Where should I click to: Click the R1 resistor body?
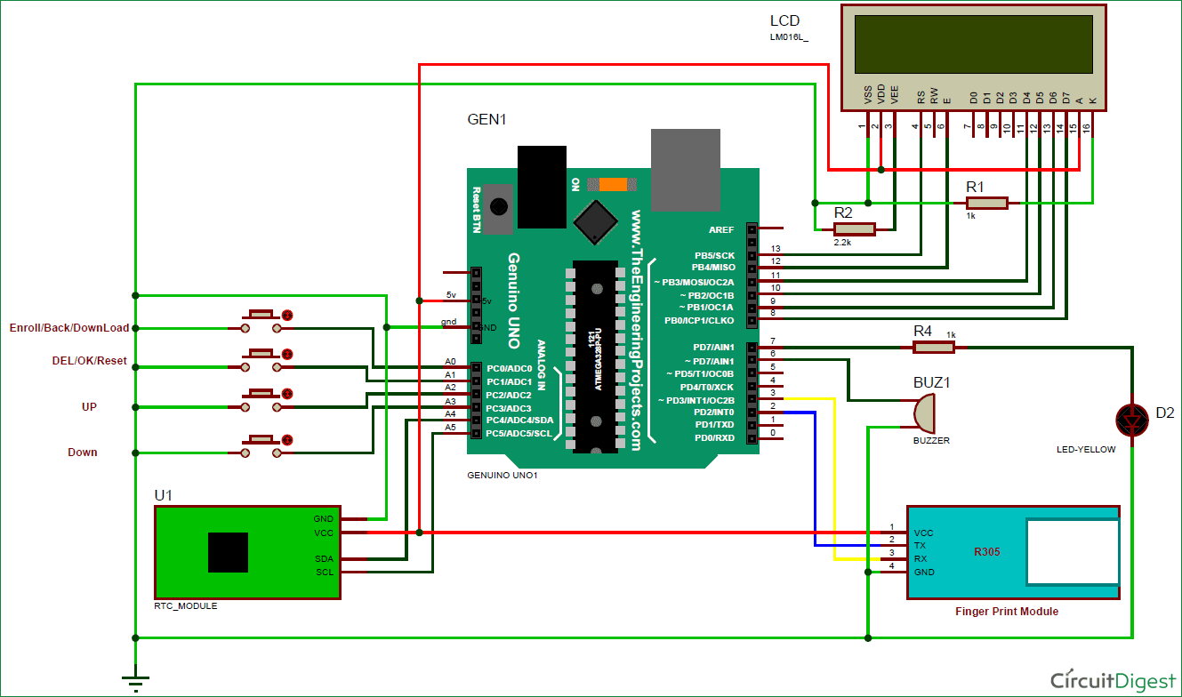point(987,204)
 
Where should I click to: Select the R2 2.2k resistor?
point(855,229)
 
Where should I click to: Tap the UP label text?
point(89,406)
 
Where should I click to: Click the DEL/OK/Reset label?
point(90,361)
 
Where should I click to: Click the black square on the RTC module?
point(229,552)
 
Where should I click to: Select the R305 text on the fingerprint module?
point(987,552)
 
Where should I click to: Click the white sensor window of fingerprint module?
point(1073,552)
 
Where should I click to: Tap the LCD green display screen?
point(974,44)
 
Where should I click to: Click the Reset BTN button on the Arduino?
point(499,206)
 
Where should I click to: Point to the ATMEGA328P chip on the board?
point(595,356)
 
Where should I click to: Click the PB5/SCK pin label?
point(715,255)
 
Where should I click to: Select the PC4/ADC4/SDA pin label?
point(520,420)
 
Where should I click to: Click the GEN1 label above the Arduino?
point(486,119)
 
